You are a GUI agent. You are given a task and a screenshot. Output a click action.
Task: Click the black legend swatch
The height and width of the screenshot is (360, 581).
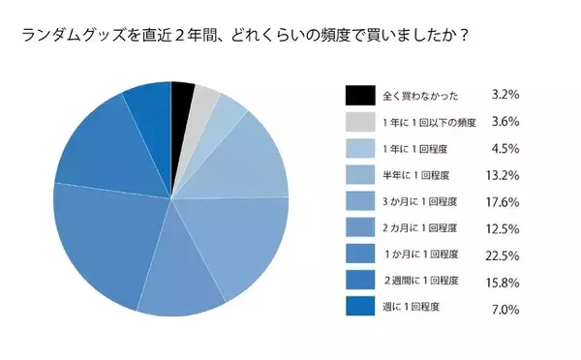[358, 95]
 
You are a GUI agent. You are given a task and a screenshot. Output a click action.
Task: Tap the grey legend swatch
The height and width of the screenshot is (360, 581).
[358, 122]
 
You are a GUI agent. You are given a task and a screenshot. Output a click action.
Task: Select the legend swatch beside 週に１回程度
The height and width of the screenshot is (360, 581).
[358, 308]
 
